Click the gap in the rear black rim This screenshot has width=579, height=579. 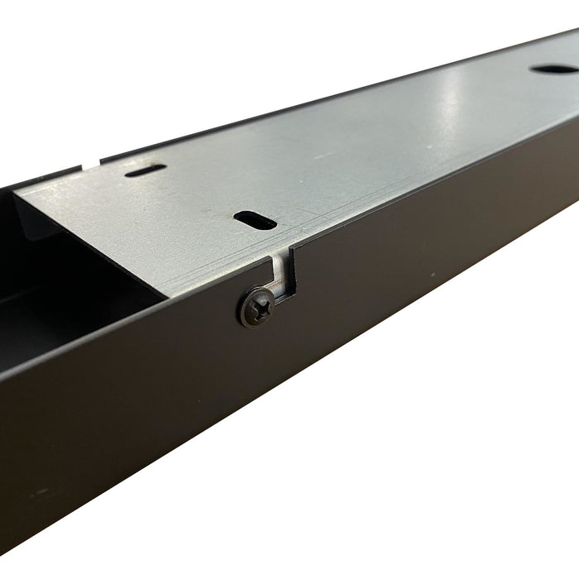pos(92,163)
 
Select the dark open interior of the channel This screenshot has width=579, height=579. pos(50,289)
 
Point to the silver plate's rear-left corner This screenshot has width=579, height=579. pos(20,192)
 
